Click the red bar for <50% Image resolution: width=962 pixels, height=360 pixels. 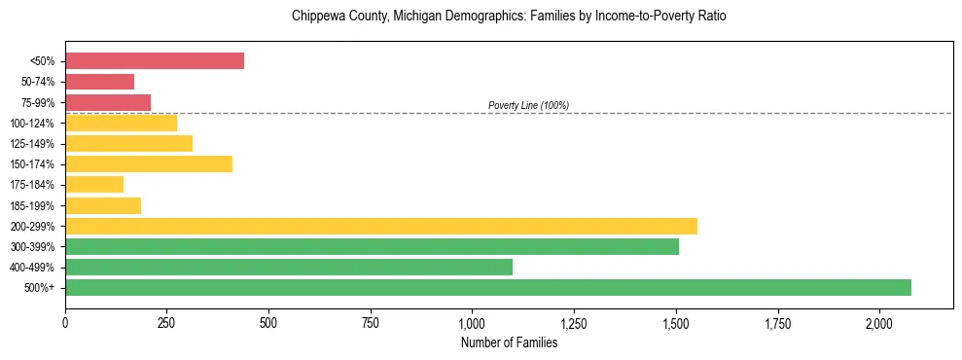155,61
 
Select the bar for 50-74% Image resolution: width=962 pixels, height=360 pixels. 99,82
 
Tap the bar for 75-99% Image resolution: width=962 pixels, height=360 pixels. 108,102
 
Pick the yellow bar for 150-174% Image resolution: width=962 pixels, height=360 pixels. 149,163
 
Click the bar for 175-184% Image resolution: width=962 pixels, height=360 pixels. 94,184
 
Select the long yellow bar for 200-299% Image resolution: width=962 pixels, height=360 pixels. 381,226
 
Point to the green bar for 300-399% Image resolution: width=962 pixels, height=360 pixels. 372,246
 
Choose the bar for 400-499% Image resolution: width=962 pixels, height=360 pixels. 289,267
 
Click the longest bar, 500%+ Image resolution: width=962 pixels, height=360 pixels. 488,287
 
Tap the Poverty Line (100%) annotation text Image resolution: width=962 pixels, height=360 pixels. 528,105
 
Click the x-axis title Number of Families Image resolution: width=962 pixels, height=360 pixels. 509,342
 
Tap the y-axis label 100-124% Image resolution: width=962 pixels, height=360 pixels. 32,123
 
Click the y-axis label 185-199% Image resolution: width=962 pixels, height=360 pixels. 32,205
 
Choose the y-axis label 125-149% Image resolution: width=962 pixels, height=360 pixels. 32,143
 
